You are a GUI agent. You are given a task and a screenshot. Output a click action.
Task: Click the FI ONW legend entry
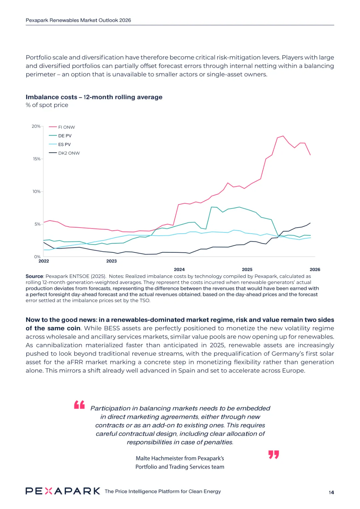click(66, 127)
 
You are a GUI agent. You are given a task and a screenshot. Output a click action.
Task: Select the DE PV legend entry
click(65, 136)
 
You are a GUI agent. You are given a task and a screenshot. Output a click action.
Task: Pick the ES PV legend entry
click(64, 145)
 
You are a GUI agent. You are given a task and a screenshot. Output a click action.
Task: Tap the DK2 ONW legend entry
click(69, 153)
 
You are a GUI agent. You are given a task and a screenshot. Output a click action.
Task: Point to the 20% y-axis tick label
click(36, 126)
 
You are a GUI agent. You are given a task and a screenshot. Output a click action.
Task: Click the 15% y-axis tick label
click(37, 159)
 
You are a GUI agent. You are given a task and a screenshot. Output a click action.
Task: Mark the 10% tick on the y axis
click(37, 192)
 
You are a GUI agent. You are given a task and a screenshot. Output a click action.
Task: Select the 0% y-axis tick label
click(37, 257)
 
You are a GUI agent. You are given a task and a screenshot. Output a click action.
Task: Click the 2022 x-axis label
click(44, 261)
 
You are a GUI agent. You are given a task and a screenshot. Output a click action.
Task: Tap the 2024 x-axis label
click(179, 269)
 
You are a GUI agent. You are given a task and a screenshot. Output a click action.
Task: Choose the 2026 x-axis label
click(315, 269)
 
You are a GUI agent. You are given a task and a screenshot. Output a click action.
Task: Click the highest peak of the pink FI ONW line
click(283, 136)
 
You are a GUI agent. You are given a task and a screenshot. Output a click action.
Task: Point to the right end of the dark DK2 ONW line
click(310, 223)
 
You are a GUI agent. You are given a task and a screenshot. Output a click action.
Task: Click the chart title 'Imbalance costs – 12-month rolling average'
click(94, 97)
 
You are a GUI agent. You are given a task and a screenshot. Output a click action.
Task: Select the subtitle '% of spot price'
click(47, 105)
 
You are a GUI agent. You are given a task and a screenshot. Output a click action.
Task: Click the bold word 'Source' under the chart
click(34, 276)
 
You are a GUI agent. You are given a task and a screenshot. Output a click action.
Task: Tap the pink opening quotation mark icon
click(79, 405)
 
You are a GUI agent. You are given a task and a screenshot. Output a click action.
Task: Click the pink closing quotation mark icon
click(274, 455)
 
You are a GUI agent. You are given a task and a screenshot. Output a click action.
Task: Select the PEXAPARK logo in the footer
click(63, 491)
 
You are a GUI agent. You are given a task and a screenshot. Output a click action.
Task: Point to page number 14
click(331, 492)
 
